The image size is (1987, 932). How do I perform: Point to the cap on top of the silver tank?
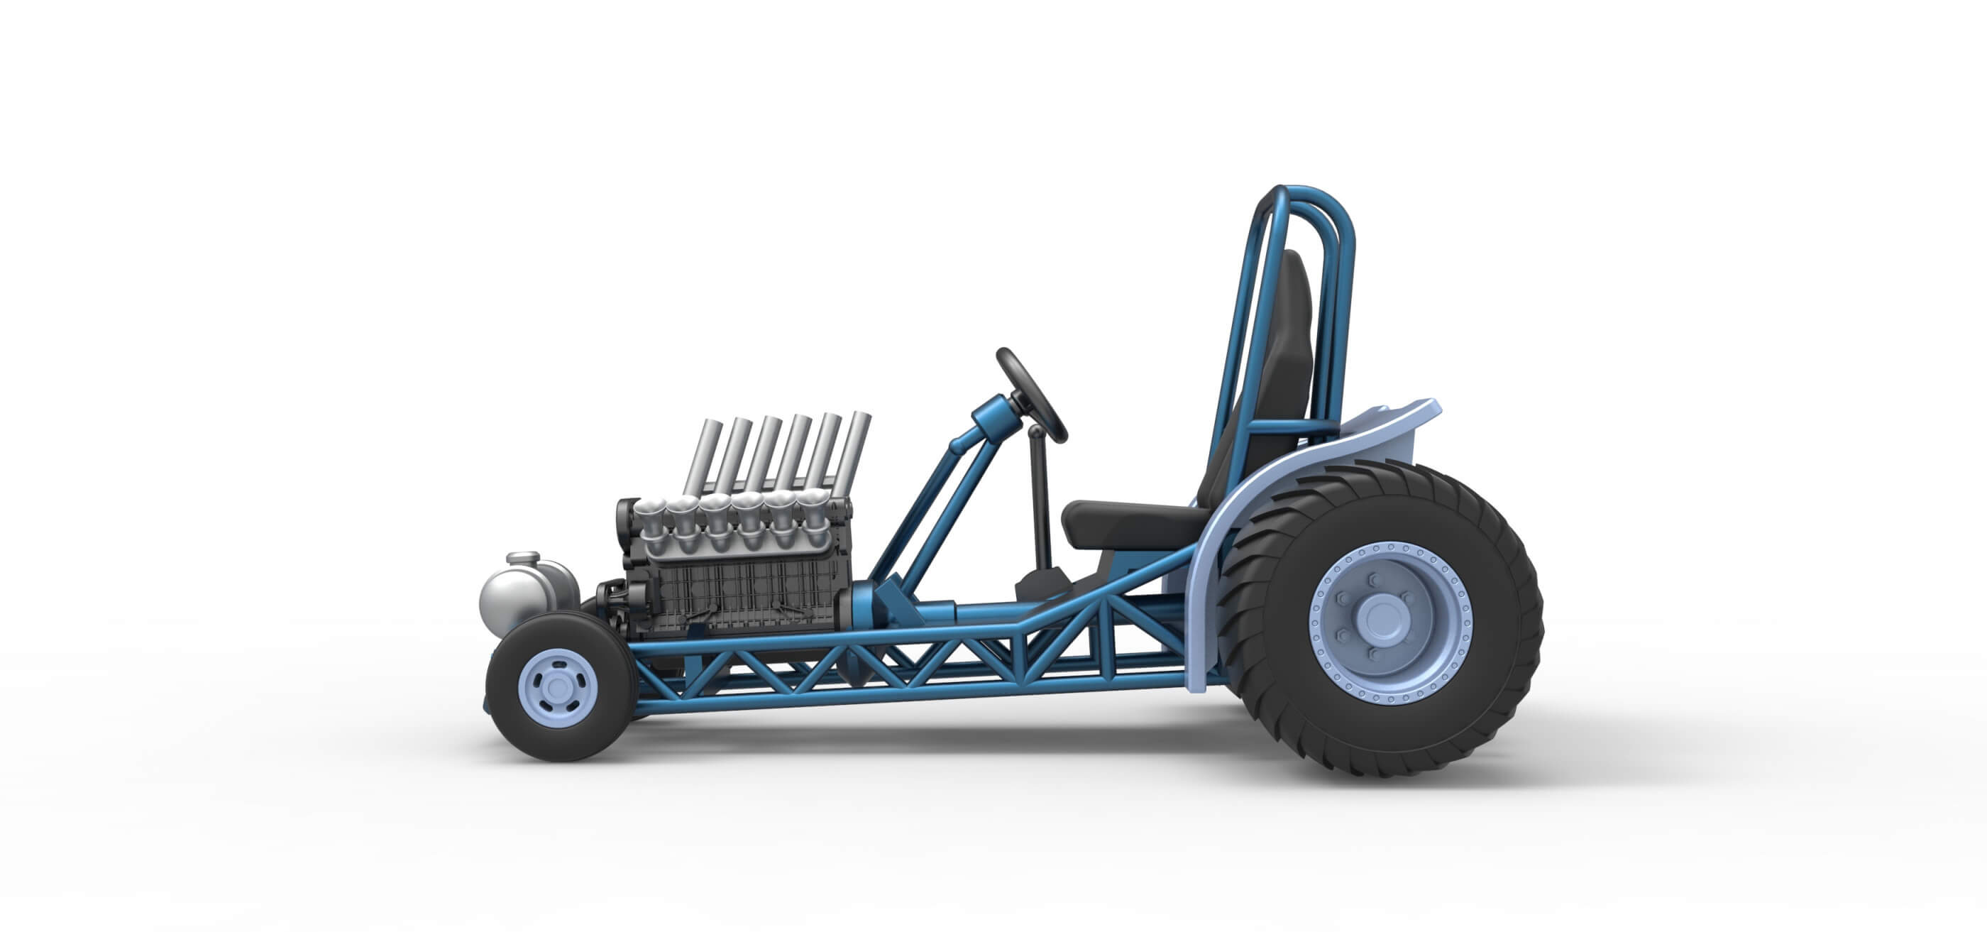[x=523, y=557]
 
